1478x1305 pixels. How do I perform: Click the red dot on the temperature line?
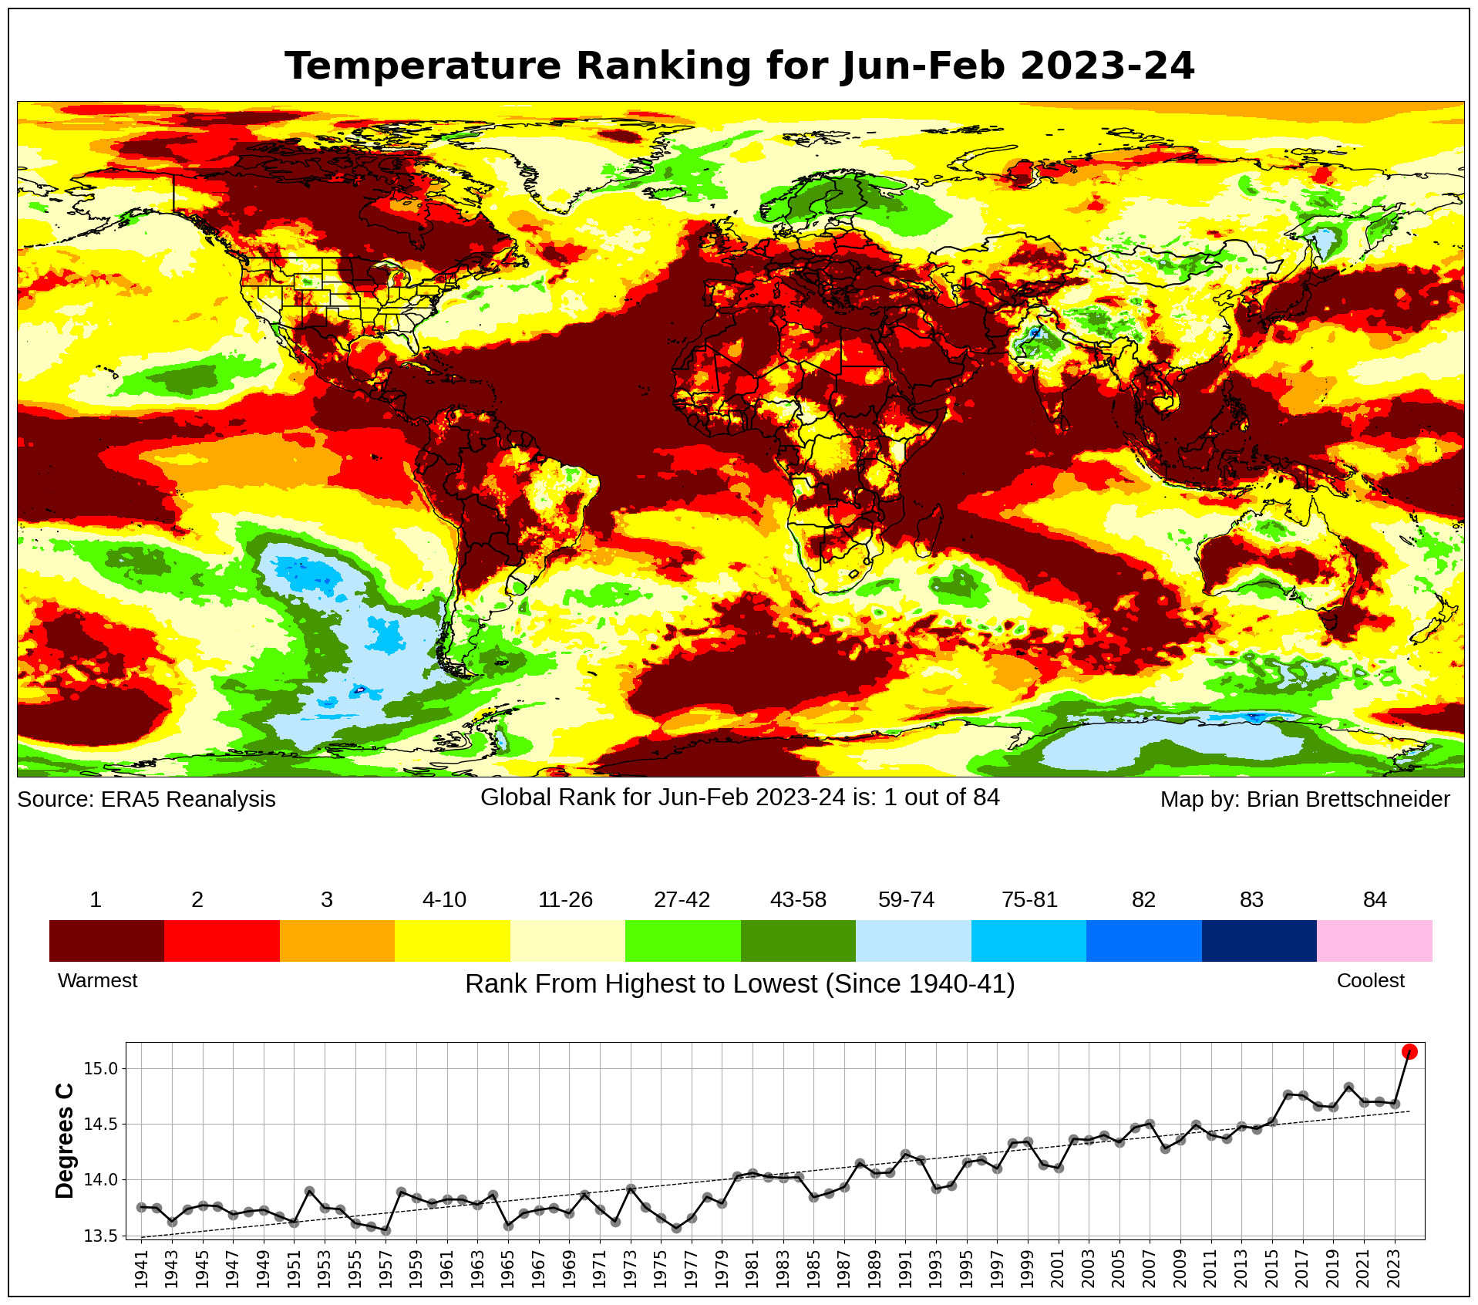[x=1409, y=1051]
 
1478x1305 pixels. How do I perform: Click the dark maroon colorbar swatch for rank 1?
[x=106, y=940]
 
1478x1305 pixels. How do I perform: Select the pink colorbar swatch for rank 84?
[x=1374, y=940]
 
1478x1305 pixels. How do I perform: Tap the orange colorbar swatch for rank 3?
[x=337, y=940]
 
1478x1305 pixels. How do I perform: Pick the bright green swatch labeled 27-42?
[x=682, y=940]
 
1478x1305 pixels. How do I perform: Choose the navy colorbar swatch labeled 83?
[x=1258, y=940]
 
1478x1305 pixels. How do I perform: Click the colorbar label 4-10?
[x=444, y=900]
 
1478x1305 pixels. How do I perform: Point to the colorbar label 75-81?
[x=1029, y=900]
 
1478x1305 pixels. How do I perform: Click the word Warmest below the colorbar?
[x=97, y=980]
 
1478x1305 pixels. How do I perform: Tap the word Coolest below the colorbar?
[x=1370, y=980]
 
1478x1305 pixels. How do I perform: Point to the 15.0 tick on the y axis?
[x=100, y=1069]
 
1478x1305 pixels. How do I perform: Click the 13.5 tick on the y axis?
[x=100, y=1236]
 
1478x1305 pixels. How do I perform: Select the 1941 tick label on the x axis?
[x=141, y=1269]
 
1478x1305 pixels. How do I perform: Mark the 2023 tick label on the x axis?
[x=1394, y=1269]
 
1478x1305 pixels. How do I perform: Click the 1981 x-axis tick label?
[x=752, y=1269]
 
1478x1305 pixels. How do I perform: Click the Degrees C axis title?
[x=65, y=1141]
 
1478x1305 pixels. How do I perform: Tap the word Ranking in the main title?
[x=664, y=66]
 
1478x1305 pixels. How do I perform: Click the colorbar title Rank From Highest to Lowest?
[x=640, y=984]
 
